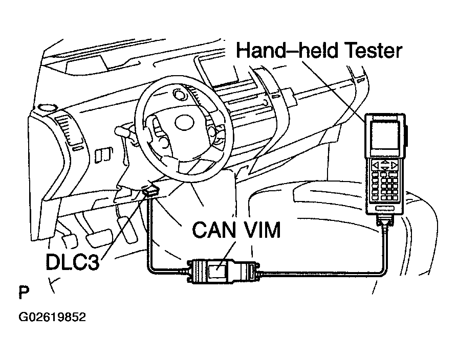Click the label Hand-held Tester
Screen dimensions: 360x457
[x=319, y=52]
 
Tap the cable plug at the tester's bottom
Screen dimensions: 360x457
[x=385, y=221]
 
